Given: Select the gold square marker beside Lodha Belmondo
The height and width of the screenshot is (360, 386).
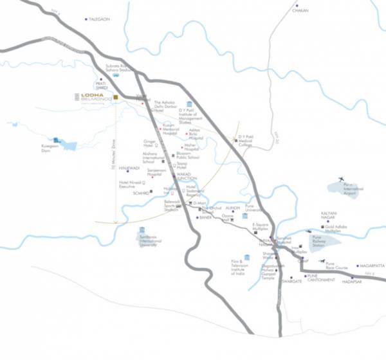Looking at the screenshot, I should pyautogui.click(x=116, y=98).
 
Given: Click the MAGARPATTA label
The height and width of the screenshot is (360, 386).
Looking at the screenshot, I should pyautogui.click(x=363, y=265).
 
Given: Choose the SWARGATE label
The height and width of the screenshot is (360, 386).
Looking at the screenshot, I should pyautogui.click(x=291, y=282).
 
